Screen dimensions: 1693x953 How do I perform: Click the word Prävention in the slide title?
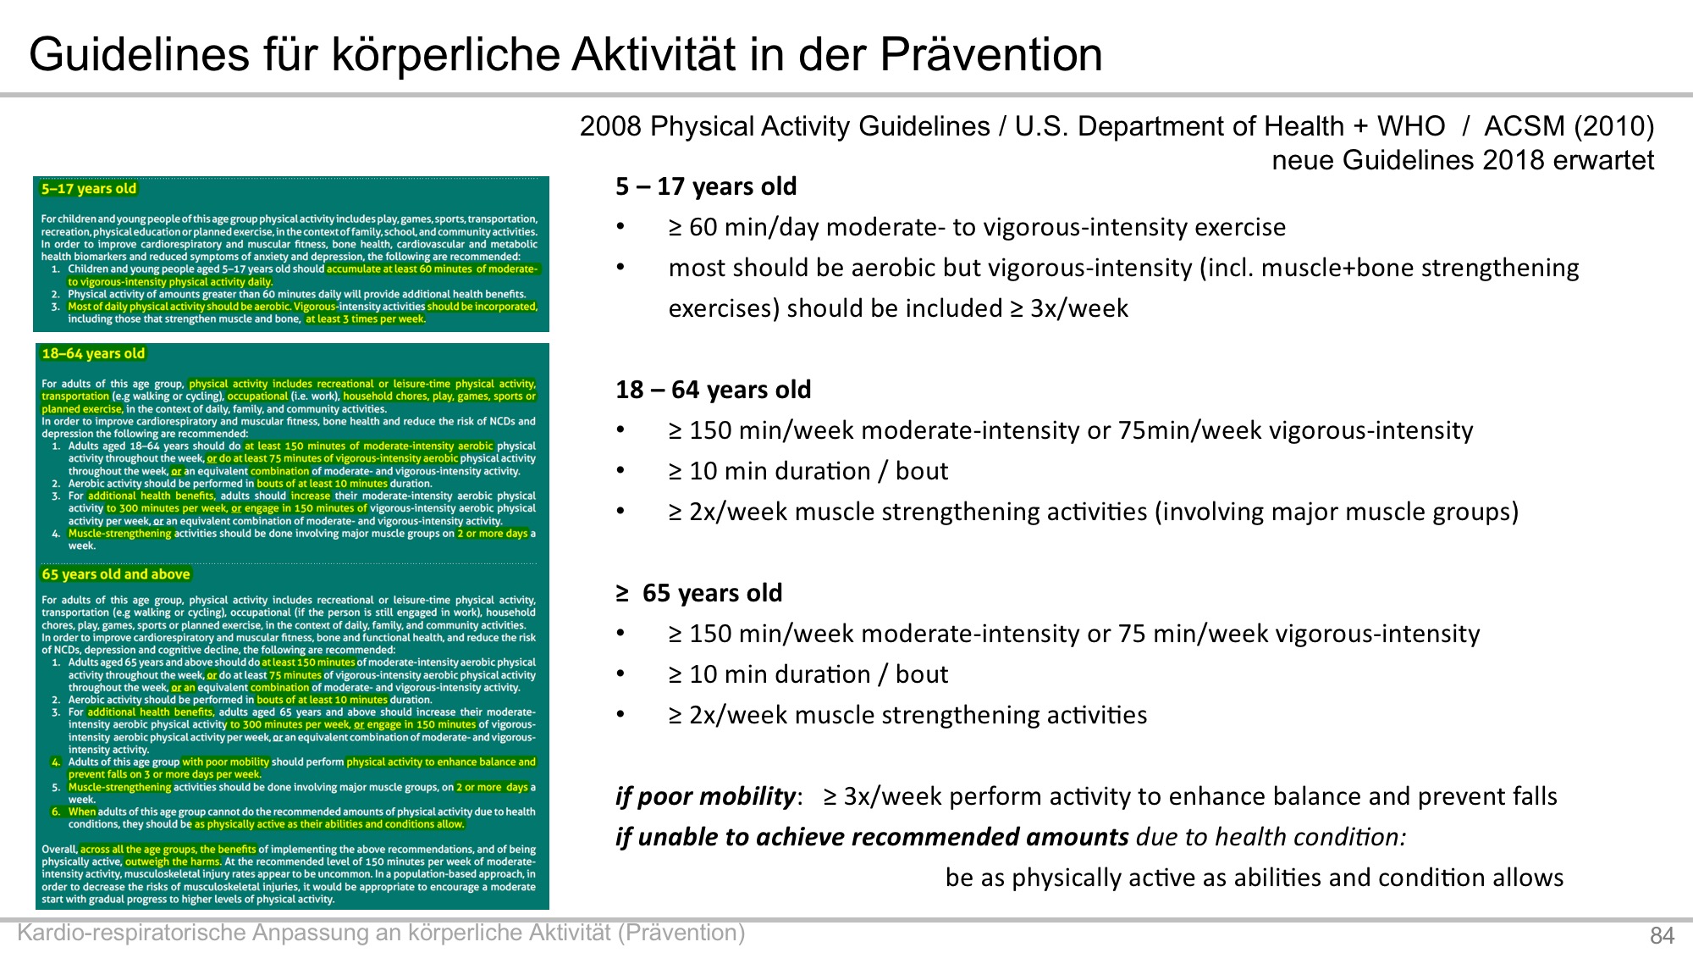coord(991,55)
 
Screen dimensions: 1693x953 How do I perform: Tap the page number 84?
coord(1663,935)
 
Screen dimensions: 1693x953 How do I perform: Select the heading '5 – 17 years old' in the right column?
coord(706,186)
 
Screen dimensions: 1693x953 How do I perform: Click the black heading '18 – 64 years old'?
coord(713,390)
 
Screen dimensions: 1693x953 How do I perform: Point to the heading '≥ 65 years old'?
coord(699,593)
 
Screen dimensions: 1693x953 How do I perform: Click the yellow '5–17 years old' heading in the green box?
coord(89,189)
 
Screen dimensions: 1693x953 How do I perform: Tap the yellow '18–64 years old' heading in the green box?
coord(93,353)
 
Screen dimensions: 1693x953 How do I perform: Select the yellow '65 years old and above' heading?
coord(116,574)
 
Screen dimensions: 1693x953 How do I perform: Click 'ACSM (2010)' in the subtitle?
coord(1569,126)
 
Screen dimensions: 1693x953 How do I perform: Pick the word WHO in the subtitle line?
coord(1411,126)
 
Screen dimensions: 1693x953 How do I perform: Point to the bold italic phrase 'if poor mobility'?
coord(705,796)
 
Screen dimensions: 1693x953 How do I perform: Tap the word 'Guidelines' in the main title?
coord(139,55)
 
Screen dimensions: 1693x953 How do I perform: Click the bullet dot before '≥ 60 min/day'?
coord(620,226)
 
